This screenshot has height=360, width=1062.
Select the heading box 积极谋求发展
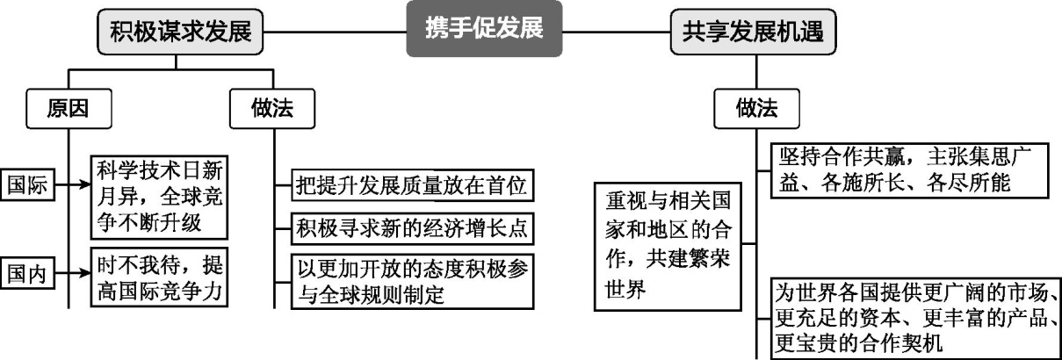coord(180,32)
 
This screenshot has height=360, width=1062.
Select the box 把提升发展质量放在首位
coord(413,186)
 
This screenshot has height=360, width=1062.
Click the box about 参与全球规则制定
coord(413,280)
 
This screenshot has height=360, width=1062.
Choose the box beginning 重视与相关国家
coord(665,246)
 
